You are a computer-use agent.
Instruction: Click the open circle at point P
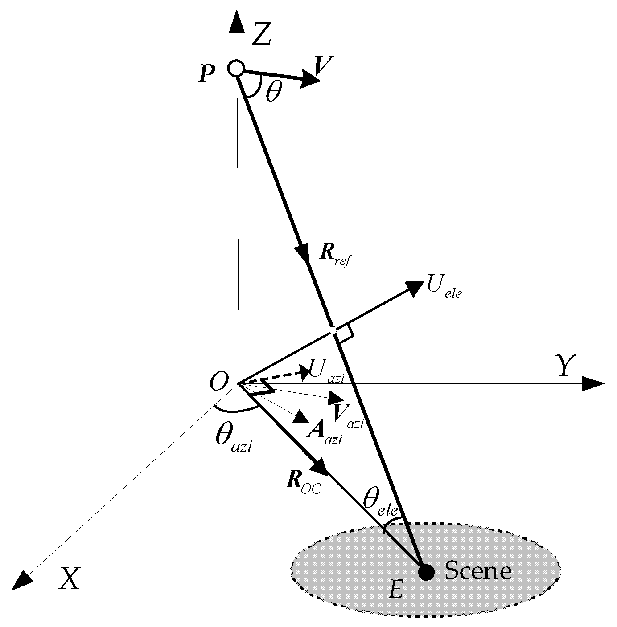click(x=236, y=69)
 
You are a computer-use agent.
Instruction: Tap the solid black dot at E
click(x=426, y=571)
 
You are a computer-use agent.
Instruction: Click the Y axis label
click(x=564, y=366)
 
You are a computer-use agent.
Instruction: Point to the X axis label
click(x=69, y=579)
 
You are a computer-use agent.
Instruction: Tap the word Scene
click(x=478, y=570)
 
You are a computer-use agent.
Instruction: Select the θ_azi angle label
click(x=234, y=438)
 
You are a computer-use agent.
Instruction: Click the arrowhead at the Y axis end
click(x=594, y=383)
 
